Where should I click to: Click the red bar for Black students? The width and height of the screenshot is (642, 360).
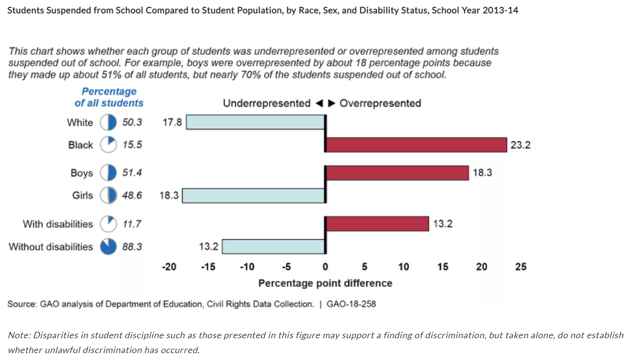[x=416, y=145]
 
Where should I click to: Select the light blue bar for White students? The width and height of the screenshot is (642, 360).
[x=255, y=122]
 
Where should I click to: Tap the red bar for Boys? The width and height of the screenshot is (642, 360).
[x=397, y=173]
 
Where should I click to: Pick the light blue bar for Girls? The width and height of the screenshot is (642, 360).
[x=254, y=196]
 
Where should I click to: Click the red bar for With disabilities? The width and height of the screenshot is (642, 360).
[x=377, y=224]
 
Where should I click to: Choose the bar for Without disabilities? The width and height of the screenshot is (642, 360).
[x=274, y=246]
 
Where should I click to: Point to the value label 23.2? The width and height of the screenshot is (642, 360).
[x=521, y=145]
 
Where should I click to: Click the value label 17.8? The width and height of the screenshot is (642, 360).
[x=172, y=122]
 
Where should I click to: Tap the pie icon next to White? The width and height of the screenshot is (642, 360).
[x=108, y=122]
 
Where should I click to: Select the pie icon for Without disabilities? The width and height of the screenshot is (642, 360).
[x=108, y=246]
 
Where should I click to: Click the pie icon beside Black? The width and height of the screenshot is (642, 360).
[x=108, y=145]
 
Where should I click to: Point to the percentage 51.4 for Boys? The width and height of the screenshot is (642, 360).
[x=132, y=173]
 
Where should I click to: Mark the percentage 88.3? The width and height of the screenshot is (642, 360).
[x=132, y=247]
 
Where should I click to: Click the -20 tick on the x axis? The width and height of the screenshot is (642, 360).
[x=169, y=267]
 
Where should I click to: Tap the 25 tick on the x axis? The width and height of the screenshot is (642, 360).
[x=521, y=267]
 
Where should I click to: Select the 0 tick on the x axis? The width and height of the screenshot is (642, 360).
[x=325, y=267]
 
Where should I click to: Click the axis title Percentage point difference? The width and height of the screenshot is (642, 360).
[x=325, y=283]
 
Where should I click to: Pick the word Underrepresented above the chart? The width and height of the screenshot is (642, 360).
[x=267, y=103]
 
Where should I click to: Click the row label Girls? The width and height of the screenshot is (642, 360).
[x=82, y=196]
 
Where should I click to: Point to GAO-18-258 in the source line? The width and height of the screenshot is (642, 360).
[x=351, y=304]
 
